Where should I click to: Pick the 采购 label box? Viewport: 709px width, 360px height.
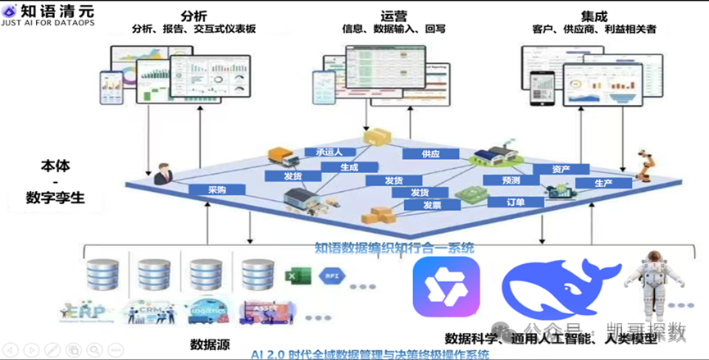216,189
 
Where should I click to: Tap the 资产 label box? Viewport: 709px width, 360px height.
561,170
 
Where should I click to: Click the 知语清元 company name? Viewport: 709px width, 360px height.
62,10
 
